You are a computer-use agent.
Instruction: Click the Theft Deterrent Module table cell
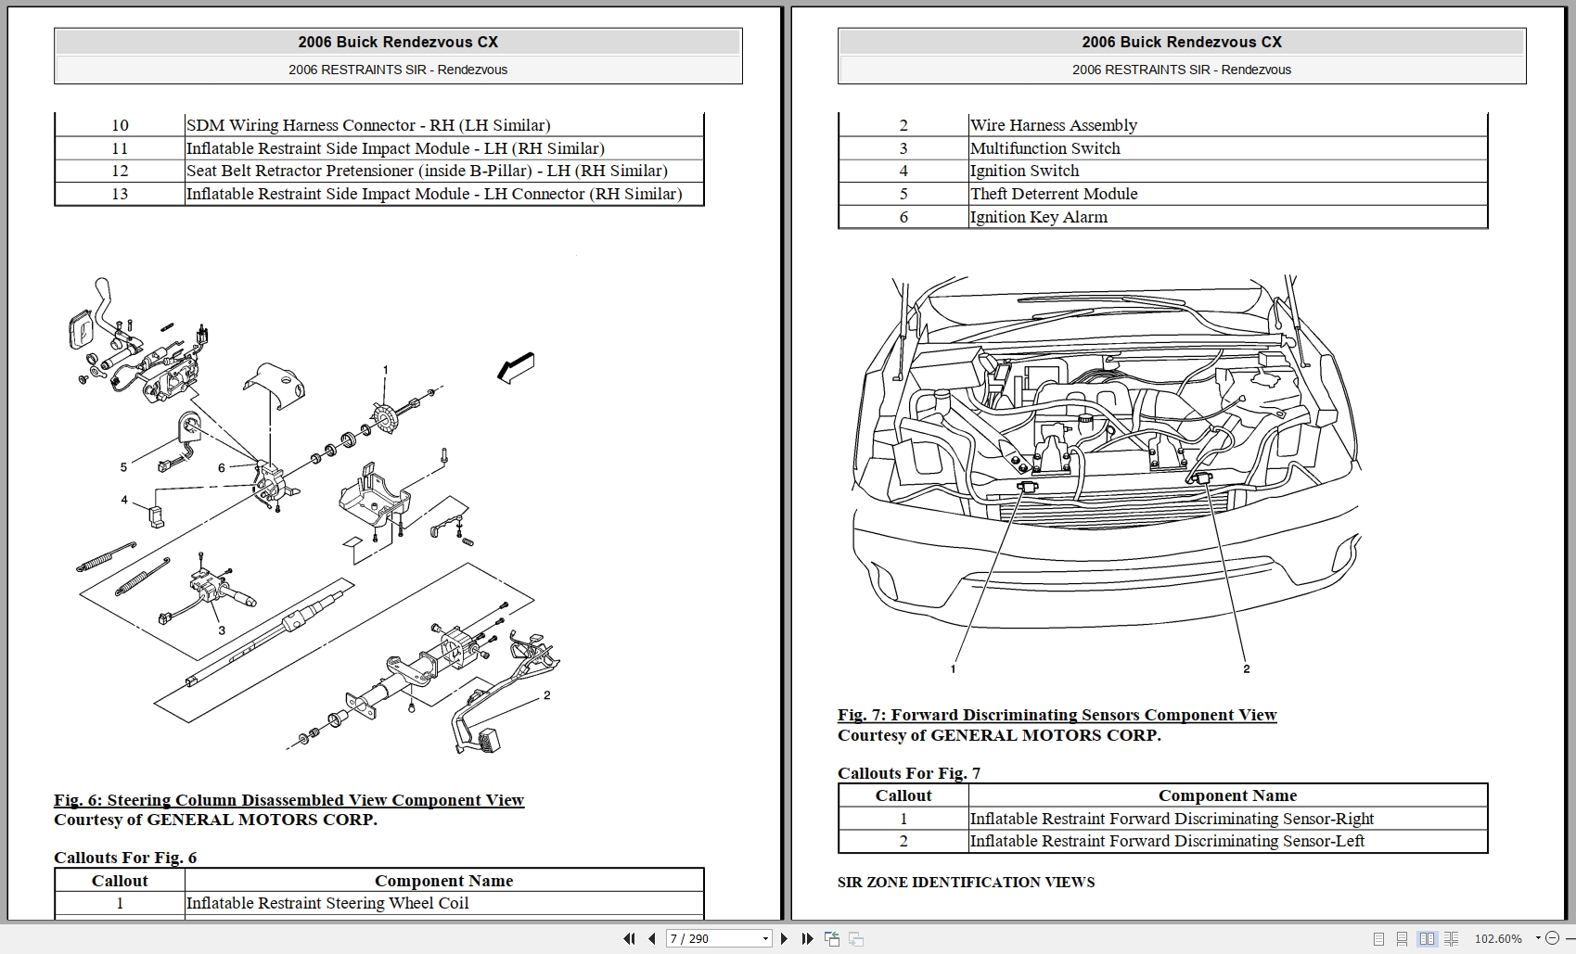coord(1054,194)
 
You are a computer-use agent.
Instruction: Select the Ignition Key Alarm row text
coord(1038,217)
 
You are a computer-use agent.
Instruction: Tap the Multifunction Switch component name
coord(1044,148)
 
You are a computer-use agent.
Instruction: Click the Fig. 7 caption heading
coord(1057,715)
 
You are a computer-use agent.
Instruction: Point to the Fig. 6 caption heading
coord(288,800)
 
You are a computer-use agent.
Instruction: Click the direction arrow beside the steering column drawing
coord(516,367)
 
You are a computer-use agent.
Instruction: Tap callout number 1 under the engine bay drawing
coord(953,668)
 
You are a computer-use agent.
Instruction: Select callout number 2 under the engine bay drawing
coord(1246,668)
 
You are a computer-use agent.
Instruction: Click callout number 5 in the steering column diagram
coord(123,467)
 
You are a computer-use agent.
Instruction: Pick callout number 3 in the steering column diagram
coord(222,630)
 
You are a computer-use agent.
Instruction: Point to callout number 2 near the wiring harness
coord(547,695)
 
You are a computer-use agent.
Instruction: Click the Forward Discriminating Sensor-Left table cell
coord(1167,841)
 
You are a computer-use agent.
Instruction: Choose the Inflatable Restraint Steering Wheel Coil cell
coord(327,903)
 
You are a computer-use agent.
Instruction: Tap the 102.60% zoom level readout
coord(1498,938)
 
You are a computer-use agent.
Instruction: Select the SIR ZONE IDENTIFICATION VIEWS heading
coord(966,882)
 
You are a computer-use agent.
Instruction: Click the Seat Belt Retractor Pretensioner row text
coord(427,171)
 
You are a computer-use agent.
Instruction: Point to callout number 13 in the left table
coord(120,194)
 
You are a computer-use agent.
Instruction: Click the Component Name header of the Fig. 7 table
coord(1227,795)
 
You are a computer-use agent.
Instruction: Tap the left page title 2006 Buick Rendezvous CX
coord(398,42)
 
